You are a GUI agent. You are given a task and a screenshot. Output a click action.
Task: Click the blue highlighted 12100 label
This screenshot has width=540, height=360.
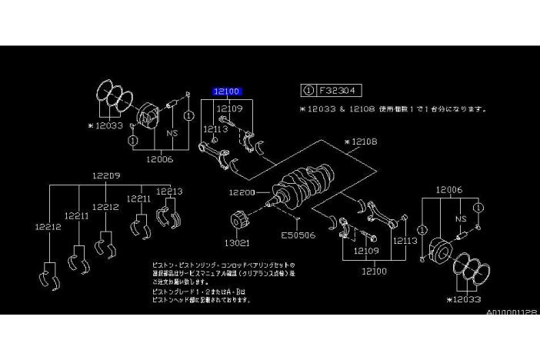(x=228, y=92)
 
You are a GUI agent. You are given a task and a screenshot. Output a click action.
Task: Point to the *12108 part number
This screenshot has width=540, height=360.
(x=360, y=142)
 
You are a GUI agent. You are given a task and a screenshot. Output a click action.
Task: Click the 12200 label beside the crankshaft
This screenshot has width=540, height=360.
(x=241, y=192)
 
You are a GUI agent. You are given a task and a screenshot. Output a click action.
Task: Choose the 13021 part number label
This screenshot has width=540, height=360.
(x=236, y=242)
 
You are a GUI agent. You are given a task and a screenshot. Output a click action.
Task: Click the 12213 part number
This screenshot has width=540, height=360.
(x=169, y=192)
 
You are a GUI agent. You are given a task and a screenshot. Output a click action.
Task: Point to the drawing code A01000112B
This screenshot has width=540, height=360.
(x=511, y=313)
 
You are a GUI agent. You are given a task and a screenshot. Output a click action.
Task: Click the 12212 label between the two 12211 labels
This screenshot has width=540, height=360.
(x=105, y=207)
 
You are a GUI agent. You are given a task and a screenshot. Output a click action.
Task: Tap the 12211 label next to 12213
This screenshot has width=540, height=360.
(x=139, y=198)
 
